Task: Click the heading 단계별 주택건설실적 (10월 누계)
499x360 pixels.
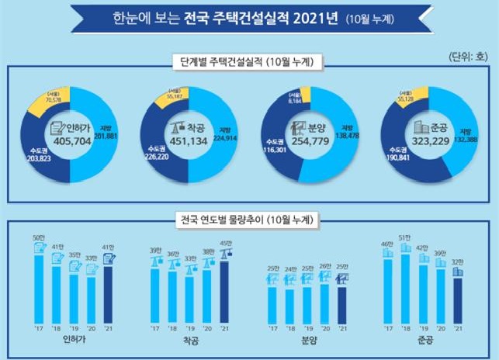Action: pos(249,61)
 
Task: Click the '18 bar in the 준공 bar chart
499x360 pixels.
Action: pos(404,287)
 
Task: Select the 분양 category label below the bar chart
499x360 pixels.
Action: pos(310,341)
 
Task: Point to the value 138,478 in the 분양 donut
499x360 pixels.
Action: pos(352,136)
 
